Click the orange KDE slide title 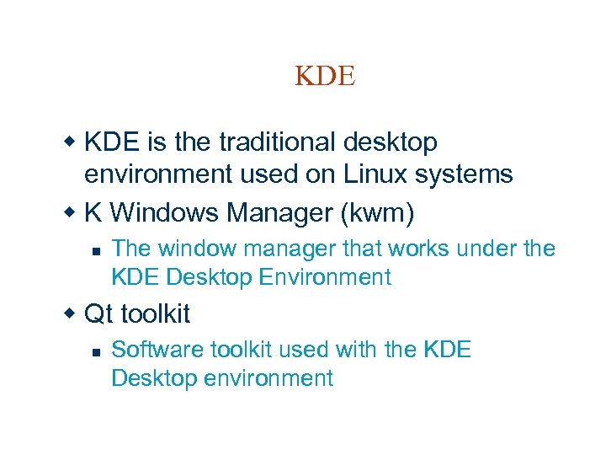tap(326, 76)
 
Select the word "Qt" tap(98, 314)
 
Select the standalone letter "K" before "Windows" tap(93, 213)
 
